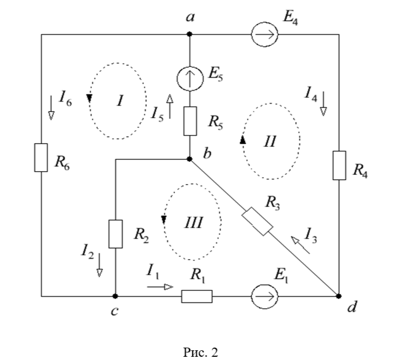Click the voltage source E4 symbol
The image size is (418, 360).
265,34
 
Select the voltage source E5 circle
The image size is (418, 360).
190,79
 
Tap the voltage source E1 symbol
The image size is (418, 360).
265,296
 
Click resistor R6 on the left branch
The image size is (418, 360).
42,158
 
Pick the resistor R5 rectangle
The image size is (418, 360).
190,121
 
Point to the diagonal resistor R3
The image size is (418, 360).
257,222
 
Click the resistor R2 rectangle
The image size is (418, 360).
116,233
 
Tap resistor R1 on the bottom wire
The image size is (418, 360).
197,296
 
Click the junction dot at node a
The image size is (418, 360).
190,34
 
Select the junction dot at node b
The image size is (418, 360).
190,159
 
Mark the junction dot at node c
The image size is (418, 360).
116,296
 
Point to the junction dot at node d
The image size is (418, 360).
339,296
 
